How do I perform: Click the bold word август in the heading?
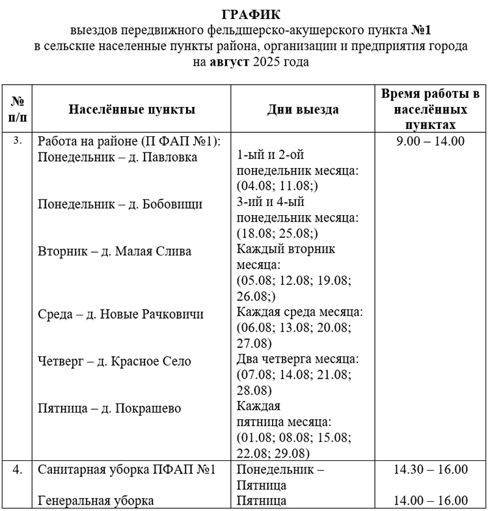tap(230, 63)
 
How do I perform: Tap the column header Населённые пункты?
tap(132, 109)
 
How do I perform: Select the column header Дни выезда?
tap(303, 109)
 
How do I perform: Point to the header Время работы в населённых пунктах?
tap(430, 109)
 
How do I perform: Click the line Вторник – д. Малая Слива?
tap(115, 251)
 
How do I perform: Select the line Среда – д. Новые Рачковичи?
tap(120, 314)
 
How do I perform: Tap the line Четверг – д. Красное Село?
tap(115, 361)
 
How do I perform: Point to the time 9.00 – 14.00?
tap(430, 141)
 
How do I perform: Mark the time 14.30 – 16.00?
tap(431, 470)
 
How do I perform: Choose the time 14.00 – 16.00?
tap(431, 501)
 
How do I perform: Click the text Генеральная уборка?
tap(96, 501)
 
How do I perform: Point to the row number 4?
tap(17, 470)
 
